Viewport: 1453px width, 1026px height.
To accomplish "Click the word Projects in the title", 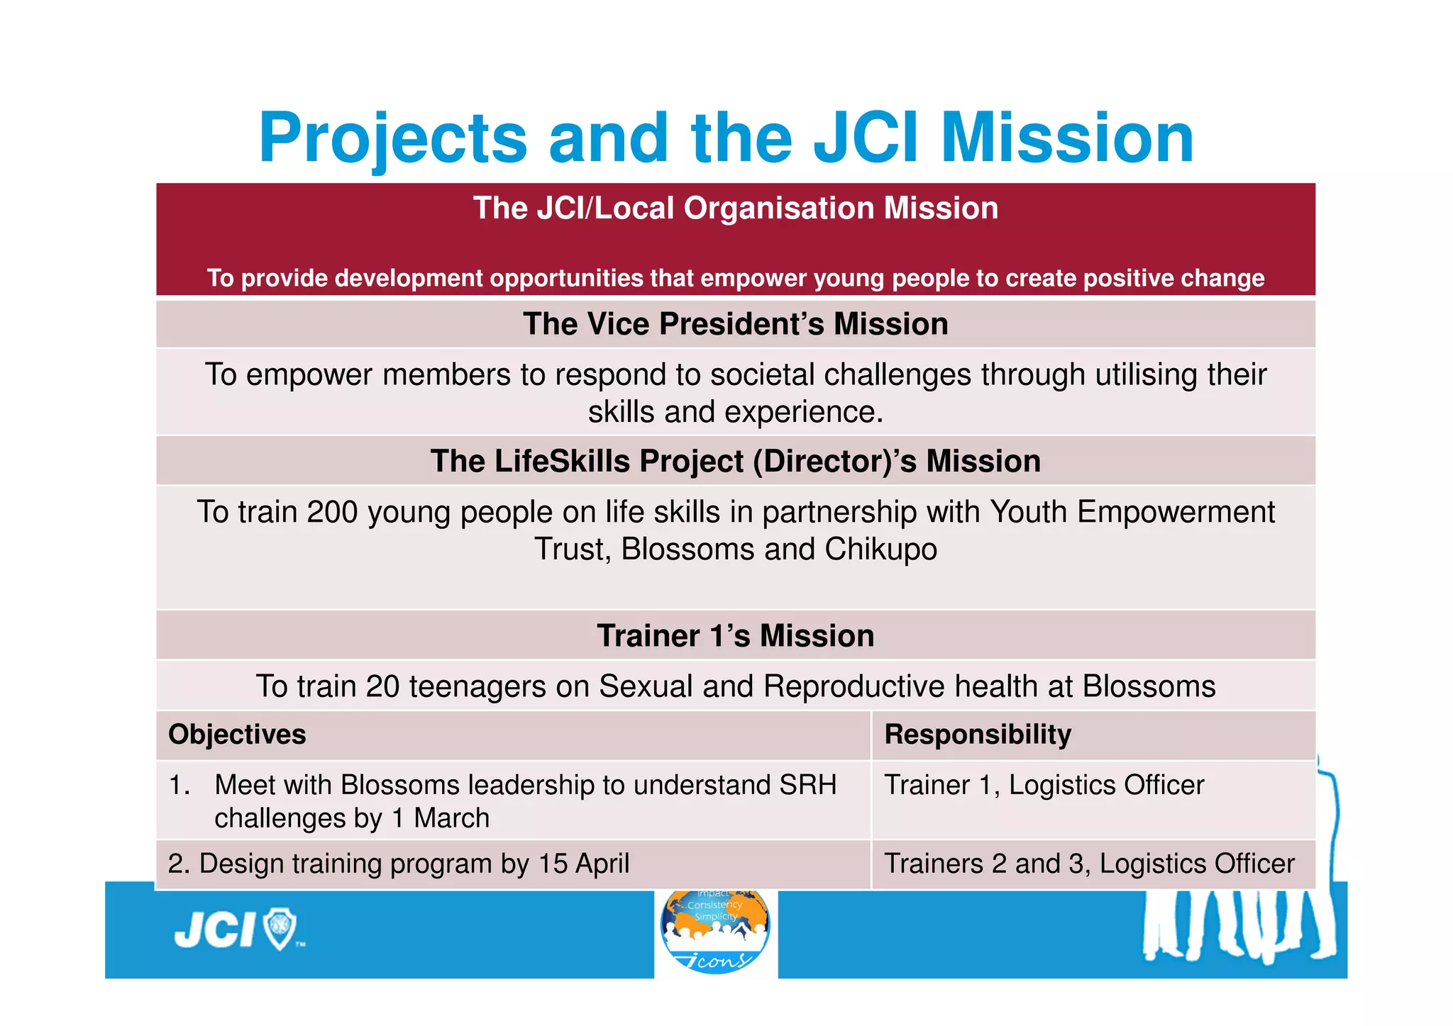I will click(x=392, y=139).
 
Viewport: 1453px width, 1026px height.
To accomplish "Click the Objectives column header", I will click(x=237, y=735).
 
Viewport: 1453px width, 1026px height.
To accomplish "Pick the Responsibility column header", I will click(x=977, y=735).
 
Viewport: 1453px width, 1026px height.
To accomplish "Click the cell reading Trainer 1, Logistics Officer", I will click(x=1044, y=786).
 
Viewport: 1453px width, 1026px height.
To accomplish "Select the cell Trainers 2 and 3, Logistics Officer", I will click(x=1089, y=864).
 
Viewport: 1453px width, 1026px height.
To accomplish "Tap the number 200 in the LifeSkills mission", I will click(x=332, y=513).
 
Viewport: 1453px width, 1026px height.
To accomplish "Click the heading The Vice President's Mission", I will click(x=735, y=325).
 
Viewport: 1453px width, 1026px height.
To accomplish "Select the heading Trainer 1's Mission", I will click(x=735, y=636).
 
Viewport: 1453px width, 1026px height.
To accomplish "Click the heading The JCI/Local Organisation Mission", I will click(x=735, y=208).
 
